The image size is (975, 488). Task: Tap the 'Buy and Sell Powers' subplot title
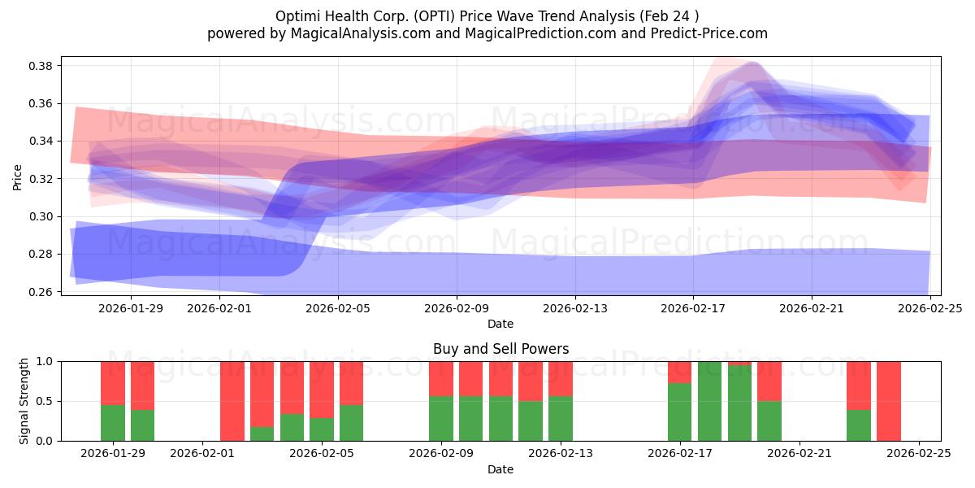point(500,349)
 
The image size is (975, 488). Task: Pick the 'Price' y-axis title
point(17,176)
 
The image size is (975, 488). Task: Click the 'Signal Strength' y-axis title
point(24,401)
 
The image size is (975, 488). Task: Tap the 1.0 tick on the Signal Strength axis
point(45,361)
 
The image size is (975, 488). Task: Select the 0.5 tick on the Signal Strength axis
point(45,401)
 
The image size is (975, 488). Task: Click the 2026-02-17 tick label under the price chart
point(692,308)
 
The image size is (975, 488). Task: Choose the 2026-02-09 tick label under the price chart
point(456,308)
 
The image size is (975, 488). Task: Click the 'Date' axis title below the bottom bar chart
point(500,469)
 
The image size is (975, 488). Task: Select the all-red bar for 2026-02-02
point(232,401)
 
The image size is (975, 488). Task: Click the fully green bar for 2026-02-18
point(709,401)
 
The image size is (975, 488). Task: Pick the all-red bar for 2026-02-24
point(889,401)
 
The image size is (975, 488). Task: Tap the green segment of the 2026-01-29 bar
point(113,423)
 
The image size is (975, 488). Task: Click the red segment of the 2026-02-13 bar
point(561,378)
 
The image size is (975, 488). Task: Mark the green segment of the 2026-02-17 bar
point(680,412)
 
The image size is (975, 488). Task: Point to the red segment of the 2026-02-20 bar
point(769,381)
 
